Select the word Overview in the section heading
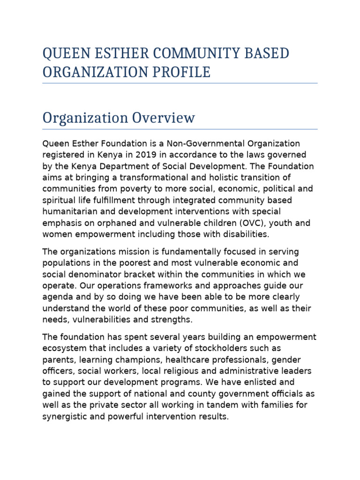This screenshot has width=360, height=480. pyautogui.click(x=162, y=118)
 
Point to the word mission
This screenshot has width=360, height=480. pyautogui.click(x=122, y=252)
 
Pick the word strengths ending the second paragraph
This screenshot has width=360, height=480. pyautogui.click(x=171, y=320)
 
